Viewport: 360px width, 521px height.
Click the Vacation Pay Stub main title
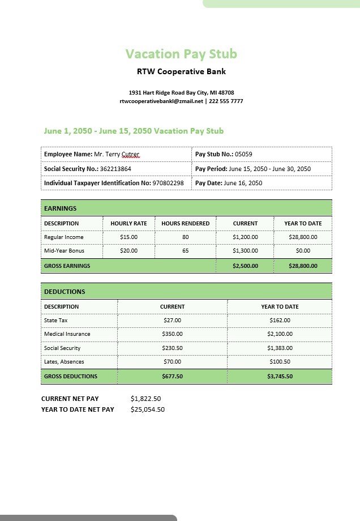pyautogui.click(x=181, y=54)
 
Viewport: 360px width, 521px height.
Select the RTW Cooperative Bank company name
pyautogui.click(x=181, y=72)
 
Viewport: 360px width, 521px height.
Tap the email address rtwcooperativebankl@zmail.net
pyautogui.click(x=161, y=101)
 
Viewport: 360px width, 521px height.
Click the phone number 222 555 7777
pyautogui.click(x=226, y=101)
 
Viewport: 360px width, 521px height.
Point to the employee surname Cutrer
pyautogui.click(x=130, y=154)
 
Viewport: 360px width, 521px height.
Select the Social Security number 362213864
pyautogui.click(x=116, y=169)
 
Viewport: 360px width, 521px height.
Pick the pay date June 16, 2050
pyautogui.click(x=243, y=183)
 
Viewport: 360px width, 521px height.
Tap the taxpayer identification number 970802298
pyautogui.click(x=168, y=183)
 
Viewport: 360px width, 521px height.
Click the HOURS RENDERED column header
pyautogui.click(x=185, y=224)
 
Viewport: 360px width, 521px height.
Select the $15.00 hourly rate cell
pyautogui.click(x=128, y=237)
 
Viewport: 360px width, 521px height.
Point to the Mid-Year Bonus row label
pyautogui.click(x=64, y=251)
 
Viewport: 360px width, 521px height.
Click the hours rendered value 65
pyautogui.click(x=185, y=251)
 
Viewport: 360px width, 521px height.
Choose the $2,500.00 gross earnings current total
pyautogui.click(x=245, y=266)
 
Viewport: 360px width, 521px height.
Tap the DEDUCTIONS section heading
pyautogui.click(x=65, y=292)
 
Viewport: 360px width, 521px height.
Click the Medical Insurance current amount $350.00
pyautogui.click(x=172, y=334)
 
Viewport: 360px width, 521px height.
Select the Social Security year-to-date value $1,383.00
pyautogui.click(x=280, y=348)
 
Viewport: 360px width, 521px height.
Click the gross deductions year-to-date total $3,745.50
pyautogui.click(x=280, y=377)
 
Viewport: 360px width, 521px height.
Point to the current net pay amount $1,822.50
pyautogui.click(x=145, y=399)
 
